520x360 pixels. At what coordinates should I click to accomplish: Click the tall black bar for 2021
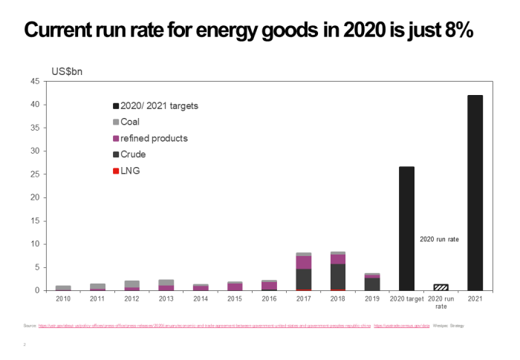475,193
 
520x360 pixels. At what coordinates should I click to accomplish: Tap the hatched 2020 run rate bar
441,287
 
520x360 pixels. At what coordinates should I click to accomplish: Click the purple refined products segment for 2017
303,262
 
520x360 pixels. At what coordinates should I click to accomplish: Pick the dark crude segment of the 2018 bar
337,276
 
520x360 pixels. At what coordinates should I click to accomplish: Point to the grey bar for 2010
63,287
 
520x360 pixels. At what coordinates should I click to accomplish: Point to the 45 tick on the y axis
35,82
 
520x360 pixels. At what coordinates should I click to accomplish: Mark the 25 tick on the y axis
35,174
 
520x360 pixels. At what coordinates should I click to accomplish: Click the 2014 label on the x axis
201,298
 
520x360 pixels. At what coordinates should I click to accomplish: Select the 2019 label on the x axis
372,298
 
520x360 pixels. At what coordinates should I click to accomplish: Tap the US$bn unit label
66,71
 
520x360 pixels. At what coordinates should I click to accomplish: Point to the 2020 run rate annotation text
440,240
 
